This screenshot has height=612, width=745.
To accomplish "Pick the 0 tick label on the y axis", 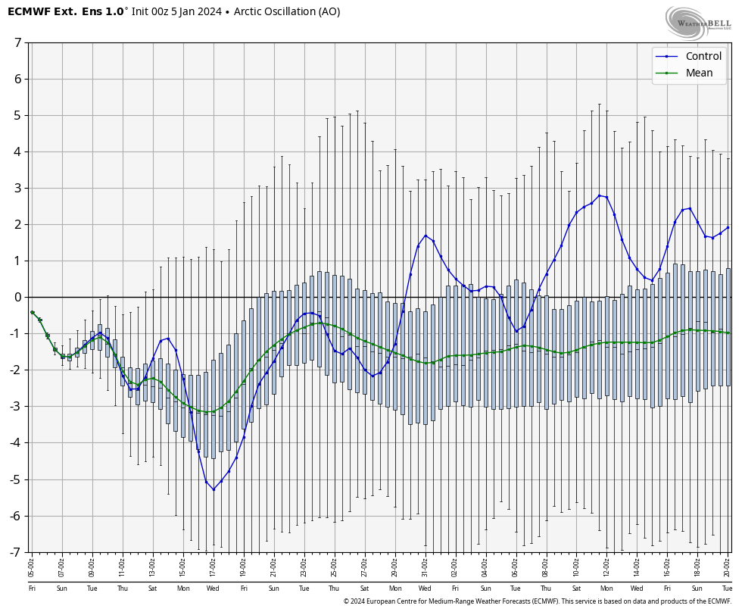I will click(x=17, y=297).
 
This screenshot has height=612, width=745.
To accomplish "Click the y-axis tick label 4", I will click(x=17, y=151).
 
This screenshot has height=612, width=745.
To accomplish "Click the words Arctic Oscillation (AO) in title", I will click(x=287, y=11).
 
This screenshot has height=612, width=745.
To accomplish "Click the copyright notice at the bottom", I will click(x=537, y=601).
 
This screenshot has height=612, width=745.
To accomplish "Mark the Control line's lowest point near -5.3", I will click(x=214, y=489).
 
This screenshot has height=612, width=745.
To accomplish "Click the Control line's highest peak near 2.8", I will click(x=599, y=195).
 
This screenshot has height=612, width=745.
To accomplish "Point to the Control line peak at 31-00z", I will click(x=425, y=236).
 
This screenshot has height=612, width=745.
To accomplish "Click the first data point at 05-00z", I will click(x=32, y=312).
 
